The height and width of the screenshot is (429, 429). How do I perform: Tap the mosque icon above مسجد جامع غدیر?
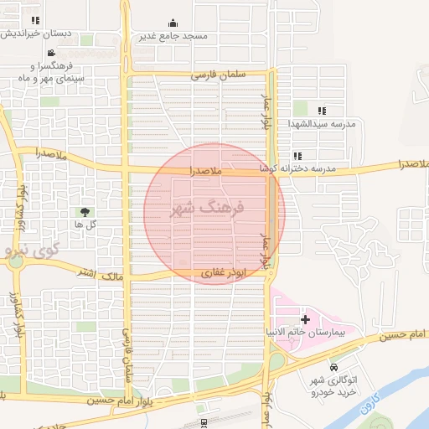(x=173, y=23)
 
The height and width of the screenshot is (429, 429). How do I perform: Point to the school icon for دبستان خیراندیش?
(x=34, y=20)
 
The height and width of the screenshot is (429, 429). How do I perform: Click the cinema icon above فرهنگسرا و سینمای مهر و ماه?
(x=52, y=53)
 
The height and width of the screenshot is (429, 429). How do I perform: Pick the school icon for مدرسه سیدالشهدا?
(x=321, y=111)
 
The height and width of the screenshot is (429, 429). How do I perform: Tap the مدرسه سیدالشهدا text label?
(x=323, y=124)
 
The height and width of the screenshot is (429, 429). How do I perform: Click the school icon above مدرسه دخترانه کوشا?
(x=297, y=156)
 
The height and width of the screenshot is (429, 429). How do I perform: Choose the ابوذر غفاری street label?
(x=225, y=273)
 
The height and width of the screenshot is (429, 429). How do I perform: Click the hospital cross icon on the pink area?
(x=304, y=319)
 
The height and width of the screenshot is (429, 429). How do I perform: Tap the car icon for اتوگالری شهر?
(x=334, y=367)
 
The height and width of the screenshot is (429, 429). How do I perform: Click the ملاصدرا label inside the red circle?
(x=204, y=171)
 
